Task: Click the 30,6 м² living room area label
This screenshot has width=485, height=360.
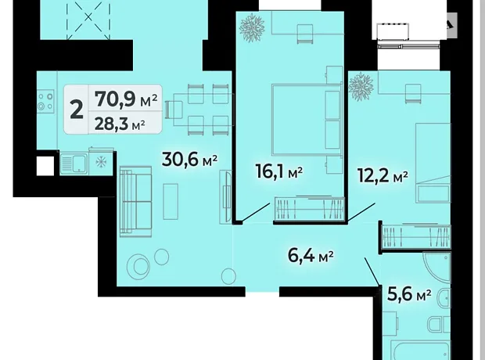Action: click(x=189, y=160)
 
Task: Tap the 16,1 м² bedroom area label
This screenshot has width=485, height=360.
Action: click(x=279, y=171)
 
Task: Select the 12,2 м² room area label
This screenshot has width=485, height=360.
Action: click(x=383, y=176)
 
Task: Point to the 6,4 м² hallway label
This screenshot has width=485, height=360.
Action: click(x=311, y=256)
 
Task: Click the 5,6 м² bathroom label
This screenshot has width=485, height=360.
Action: click(x=409, y=294)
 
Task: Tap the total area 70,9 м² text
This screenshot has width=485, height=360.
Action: click(x=126, y=99)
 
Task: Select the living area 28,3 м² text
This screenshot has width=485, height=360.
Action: click(x=120, y=124)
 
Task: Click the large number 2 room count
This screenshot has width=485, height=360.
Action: click(x=77, y=110)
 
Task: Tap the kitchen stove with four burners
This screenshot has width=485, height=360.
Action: click(x=45, y=101)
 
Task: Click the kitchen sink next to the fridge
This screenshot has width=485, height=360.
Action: click(x=74, y=163)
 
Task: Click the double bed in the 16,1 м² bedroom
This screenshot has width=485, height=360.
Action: click(x=306, y=120)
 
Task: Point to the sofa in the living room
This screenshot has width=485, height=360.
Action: click(x=136, y=201)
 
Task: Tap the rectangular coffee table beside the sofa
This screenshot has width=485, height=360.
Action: click(x=171, y=201)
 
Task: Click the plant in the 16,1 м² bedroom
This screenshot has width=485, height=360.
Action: click(x=253, y=27)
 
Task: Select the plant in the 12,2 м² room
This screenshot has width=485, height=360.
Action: click(x=361, y=86)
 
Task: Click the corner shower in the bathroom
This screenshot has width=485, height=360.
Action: click(x=436, y=268)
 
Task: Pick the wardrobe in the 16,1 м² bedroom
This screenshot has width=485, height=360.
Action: click(x=310, y=208)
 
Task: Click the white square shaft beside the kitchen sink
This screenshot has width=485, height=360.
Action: click(x=45, y=166)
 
